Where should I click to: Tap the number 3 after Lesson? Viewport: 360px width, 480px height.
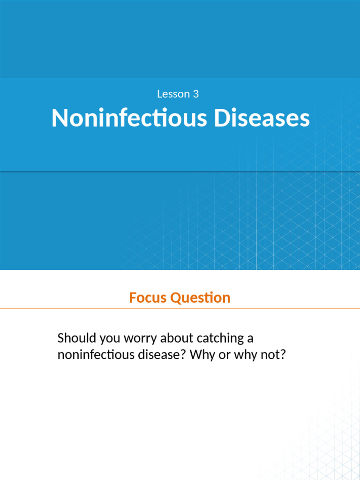coord(195,94)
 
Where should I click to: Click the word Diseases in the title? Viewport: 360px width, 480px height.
coord(262,118)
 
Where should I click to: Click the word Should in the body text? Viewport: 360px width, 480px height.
coord(74,338)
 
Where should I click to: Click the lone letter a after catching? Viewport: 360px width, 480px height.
coord(251,338)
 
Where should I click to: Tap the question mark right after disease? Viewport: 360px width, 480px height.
coord(184,355)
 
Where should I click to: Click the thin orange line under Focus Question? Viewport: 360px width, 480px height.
coord(180,309)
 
